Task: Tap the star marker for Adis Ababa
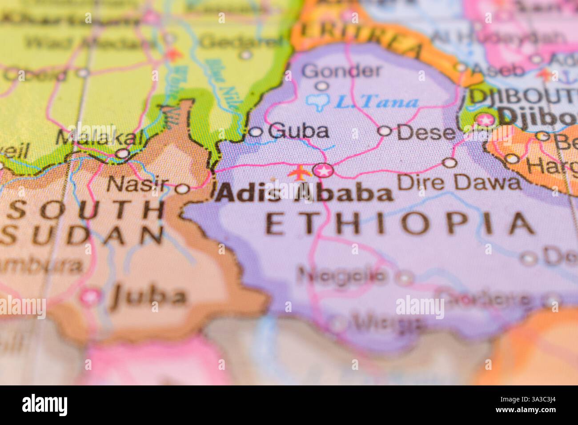[x=323, y=170]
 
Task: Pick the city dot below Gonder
[x=322, y=86]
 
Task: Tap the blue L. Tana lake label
[x=376, y=103]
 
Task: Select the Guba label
[x=299, y=131]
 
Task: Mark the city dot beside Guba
[x=256, y=132]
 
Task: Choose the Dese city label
[x=426, y=132]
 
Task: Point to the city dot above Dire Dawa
[x=450, y=163]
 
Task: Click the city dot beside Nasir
[x=182, y=189]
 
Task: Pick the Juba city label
[x=148, y=296]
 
